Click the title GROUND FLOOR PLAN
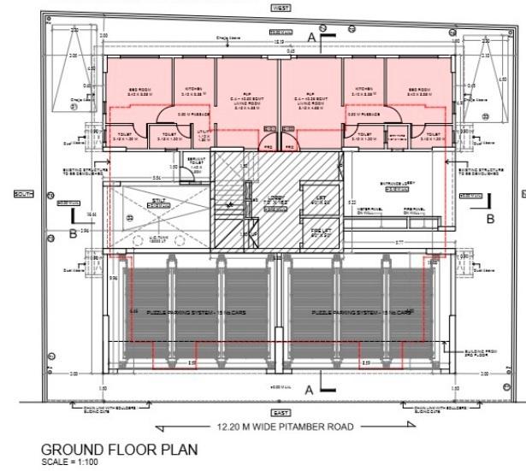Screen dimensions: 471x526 tap(119, 450)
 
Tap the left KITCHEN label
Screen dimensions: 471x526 tap(193, 89)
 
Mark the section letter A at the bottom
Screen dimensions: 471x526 tap(309, 390)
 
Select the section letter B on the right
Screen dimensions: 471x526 tap(490, 219)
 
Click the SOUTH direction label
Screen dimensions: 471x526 tap(24, 194)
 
